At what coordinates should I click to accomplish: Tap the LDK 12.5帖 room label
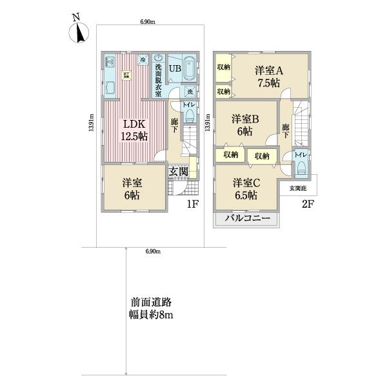click(x=132, y=130)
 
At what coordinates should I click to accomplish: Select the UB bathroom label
click(x=175, y=67)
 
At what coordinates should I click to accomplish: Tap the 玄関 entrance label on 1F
click(x=179, y=172)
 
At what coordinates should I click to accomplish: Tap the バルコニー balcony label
click(x=247, y=220)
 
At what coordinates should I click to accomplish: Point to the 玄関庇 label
click(x=298, y=188)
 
